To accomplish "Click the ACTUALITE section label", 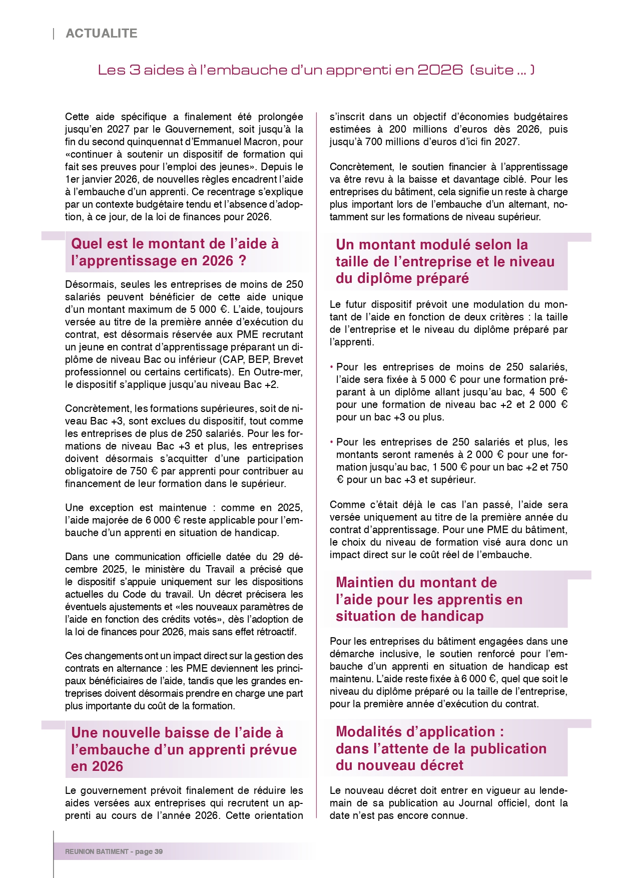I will pyautogui.click(x=102, y=34).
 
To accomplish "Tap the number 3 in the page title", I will pyautogui.click(x=135, y=70).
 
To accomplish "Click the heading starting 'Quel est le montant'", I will pyautogui.click(x=175, y=252).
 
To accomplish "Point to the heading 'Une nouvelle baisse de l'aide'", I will pyautogui.click(x=184, y=749).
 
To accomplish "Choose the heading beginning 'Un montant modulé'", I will pyautogui.click(x=445, y=261).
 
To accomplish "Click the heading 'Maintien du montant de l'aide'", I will pyautogui.click(x=429, y=599).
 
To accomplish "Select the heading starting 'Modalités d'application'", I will pyautogui.click(x=441, y=748).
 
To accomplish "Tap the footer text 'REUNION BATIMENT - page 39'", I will pyautogui.click(x=114, y=851).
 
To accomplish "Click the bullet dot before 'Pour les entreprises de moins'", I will pyautogui.click(x=331, y=367).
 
